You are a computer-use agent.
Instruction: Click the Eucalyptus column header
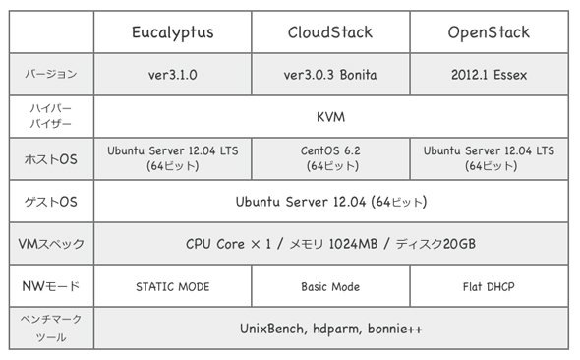pos(173,32)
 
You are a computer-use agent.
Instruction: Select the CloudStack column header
pos(330,32)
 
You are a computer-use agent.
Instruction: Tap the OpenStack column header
pos(489,32)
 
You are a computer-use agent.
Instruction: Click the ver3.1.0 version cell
pos(173,75)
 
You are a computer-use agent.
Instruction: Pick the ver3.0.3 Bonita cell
pos(330,75)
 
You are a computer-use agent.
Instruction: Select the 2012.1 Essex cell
pos(489,75)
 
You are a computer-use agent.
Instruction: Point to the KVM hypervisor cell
pos(330,117)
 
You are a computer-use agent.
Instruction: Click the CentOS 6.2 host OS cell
pos(330,158)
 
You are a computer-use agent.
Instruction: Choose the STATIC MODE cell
pos(173,287)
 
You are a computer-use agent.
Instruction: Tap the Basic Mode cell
pos(330,287)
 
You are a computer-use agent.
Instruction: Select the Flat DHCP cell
pos(489,287)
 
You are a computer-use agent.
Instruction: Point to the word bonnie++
pos(394,329)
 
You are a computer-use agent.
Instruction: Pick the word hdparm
pos(337,330)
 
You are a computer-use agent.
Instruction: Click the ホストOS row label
pos(51,159)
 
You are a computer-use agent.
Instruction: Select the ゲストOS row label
pos(51,202)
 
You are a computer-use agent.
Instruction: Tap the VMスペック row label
pos(51,244)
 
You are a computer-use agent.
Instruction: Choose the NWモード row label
pos(51,286)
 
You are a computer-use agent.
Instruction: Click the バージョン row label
pos(51,74)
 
